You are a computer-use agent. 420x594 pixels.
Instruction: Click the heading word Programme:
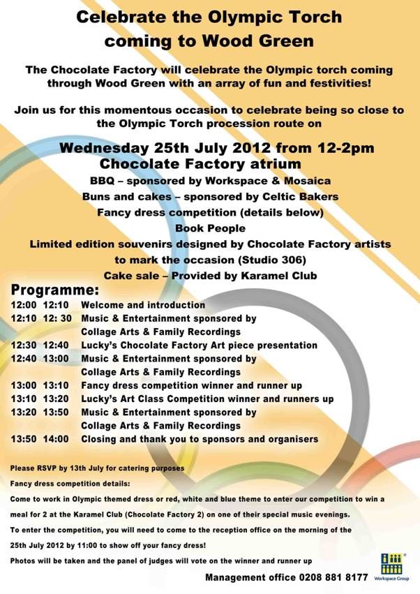(55, 290)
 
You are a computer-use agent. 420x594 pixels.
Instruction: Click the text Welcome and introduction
(143, 305)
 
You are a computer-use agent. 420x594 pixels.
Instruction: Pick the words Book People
(209, 228)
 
